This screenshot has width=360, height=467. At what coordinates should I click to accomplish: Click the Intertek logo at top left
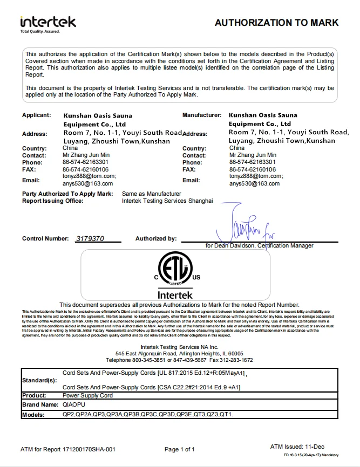[x=48, y=22]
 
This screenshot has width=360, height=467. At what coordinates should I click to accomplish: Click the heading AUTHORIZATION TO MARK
[x=276, y=23]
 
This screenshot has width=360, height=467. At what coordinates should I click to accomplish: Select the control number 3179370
[x=91, y=238]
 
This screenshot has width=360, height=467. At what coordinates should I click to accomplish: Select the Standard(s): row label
[x=39, y=380]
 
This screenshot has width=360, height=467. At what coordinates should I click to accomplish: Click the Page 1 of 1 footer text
[x=180, y=449]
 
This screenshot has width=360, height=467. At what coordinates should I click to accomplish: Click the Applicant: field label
[x=36, y=115]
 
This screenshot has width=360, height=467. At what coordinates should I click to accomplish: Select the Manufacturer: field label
[x=202, y=115]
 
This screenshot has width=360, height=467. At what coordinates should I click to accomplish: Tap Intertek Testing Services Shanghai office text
[x=168, y=201]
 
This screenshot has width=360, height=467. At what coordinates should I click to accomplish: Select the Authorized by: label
[x=156, y=238]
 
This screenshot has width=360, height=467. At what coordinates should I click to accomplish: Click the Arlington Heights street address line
[x=179, y=353]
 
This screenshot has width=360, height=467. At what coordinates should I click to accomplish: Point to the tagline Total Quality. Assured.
[x=40, y=32]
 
